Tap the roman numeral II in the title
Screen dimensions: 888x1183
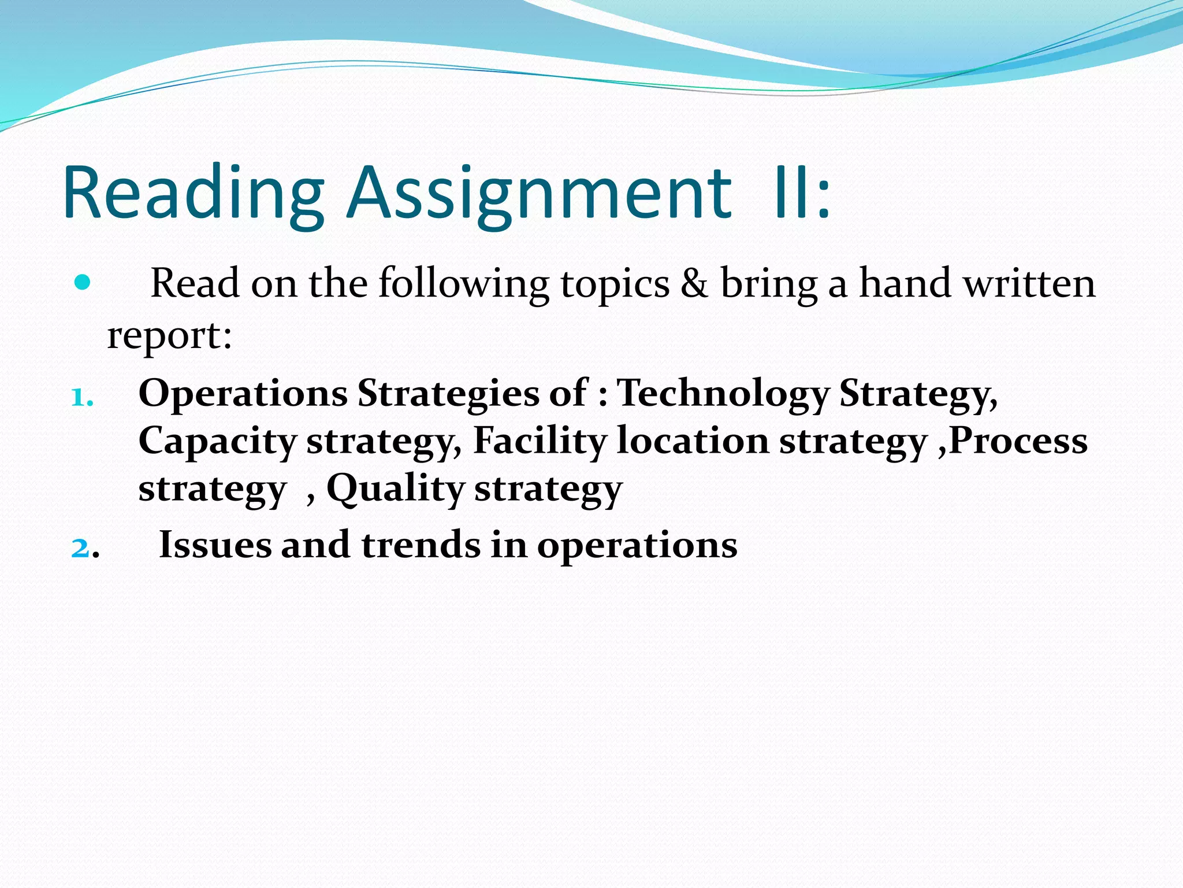pos(790,194)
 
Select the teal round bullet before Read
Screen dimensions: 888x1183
pos(83,283)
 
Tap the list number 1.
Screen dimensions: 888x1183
pos(81,398)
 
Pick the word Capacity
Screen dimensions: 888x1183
pos(217,442)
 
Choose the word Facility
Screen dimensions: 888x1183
pos(540,441)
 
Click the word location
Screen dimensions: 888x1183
pos(693,441)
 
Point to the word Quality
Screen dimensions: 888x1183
pos(396,489)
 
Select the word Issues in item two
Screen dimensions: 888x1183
pos(215,545)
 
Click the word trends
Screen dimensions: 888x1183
pos(421,545)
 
